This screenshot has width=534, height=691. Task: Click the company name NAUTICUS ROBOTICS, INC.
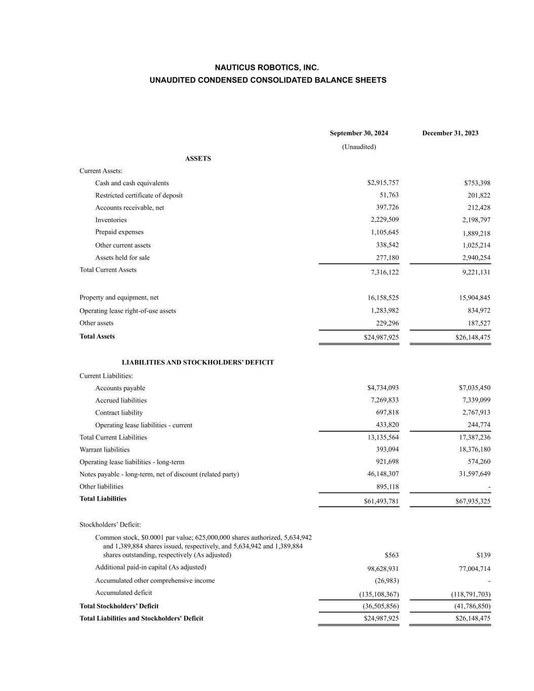point(267,67)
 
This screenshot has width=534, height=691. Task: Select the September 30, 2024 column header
point(359,133)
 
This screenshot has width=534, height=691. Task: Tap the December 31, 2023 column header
point(450,133)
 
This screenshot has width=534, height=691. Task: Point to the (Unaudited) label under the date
point(359,147)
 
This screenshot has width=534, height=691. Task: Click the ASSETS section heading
point(198,158)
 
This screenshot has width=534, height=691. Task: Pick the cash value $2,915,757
point(383,183)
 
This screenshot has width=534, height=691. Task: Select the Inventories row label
point(111,220)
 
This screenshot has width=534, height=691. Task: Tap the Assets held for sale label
point(122,258)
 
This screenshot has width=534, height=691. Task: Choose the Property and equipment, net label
point(119,298)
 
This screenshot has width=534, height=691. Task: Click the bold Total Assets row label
point(97,337)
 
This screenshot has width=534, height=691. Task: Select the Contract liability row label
point(119,413)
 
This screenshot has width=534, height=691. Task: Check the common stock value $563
point(391,555)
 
